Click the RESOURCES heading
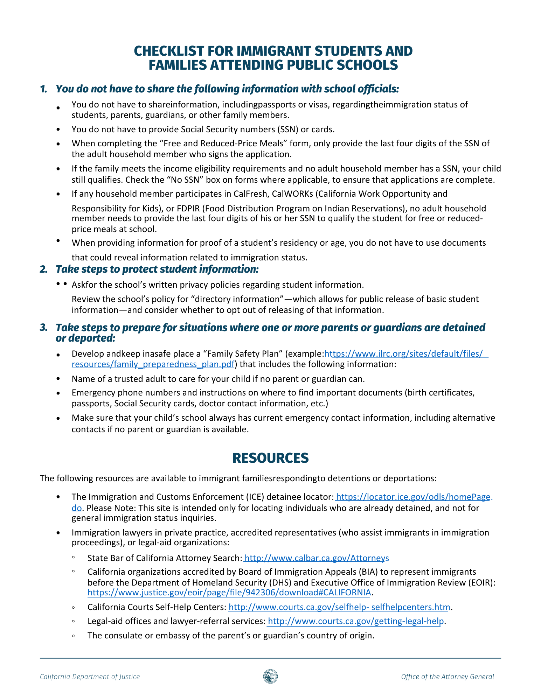(270, 458)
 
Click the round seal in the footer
(270, 677)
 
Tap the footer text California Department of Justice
(90, 677)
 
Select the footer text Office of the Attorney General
(448, 677)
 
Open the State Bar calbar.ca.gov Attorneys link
(317, 558)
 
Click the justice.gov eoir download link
(229, 592)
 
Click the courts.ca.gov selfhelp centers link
(339, 607)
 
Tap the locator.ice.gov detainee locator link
(414, 497)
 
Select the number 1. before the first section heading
(44, 89)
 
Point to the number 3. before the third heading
(44, 328)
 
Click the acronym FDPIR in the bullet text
(188, 209)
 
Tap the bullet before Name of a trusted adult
(58, 379)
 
